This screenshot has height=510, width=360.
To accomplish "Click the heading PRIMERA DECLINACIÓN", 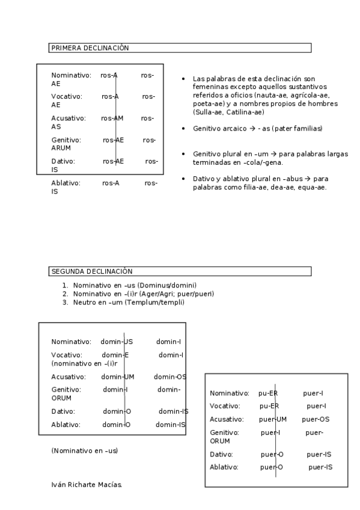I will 90,48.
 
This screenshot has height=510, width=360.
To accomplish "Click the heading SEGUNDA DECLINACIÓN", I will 92,271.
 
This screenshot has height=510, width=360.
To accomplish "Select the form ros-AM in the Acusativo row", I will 112,118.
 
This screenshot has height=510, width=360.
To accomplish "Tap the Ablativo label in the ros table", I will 66,183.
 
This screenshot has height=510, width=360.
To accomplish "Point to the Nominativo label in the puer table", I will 229,393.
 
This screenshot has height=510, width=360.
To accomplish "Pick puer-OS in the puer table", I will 316,419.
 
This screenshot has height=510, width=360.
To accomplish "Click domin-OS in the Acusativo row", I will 170,377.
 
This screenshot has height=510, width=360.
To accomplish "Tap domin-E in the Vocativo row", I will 115,355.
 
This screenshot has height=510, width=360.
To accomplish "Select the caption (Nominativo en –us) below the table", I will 85,450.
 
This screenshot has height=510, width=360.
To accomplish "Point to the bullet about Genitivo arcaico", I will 257,129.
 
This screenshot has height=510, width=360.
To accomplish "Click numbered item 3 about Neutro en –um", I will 128,303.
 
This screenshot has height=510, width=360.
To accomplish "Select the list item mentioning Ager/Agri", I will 143,293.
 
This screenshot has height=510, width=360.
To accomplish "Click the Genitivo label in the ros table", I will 65,140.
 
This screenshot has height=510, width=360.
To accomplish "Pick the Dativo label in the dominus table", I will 63,411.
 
